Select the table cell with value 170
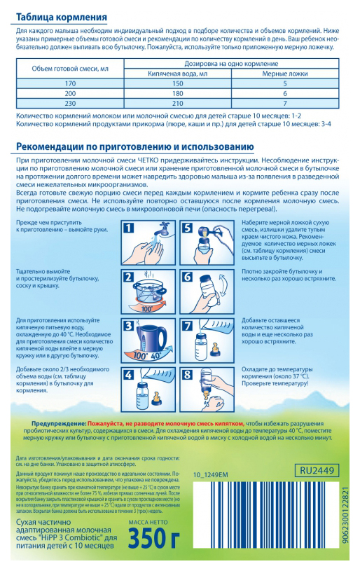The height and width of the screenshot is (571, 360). pyautogui.click(x=69, y=83)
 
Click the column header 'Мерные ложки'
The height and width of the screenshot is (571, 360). pyautogui.click(x=285, y=73)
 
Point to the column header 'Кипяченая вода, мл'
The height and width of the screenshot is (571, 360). pyautogui.click(x=177, y=73)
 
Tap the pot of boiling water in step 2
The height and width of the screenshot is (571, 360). pyautogui.click(x=155, y=285)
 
